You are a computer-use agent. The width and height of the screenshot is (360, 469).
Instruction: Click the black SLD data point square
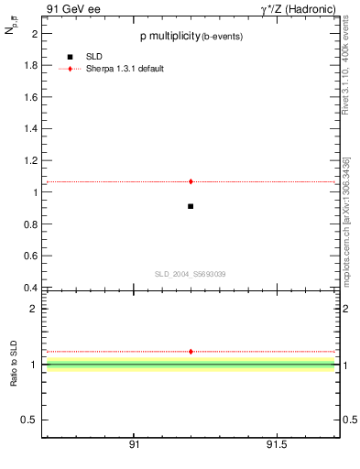[191, 206]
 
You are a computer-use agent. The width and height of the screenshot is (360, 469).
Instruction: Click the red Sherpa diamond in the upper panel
[191, 181]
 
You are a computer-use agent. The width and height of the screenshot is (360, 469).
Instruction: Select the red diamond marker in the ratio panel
[191, 351]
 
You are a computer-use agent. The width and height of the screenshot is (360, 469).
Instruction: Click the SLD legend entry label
[95, 57]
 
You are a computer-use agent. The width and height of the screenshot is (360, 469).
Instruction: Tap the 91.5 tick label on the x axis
[277, 444]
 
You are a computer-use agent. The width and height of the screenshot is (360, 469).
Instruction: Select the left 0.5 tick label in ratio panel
[27, 420]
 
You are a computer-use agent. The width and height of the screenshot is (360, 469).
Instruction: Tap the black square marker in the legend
[70, 57]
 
